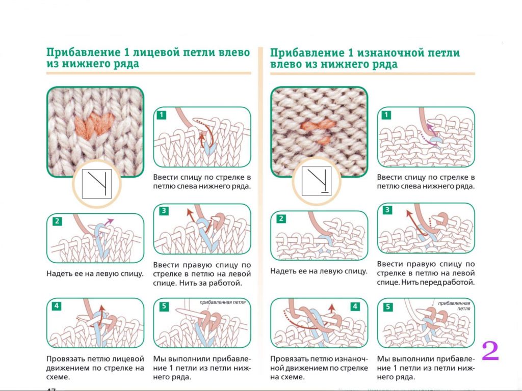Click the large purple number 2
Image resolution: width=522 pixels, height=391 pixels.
tap(490, 351)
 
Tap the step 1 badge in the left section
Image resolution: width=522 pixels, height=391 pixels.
tap(161, 115)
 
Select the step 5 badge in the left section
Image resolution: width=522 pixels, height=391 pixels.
tap(163, 306)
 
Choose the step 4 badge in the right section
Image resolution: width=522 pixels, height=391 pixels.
tap(355, 306)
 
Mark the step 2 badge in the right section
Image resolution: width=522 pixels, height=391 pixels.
tap(281, 219)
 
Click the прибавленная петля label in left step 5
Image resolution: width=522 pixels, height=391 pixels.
tap(222, 302)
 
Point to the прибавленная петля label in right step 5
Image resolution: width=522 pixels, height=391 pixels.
tap(454, 305)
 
